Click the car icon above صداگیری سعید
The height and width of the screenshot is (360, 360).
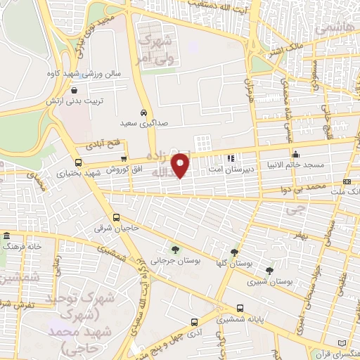[143, 112]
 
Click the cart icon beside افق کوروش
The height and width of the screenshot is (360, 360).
[124, 159]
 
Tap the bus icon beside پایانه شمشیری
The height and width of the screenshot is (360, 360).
[240, 308]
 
